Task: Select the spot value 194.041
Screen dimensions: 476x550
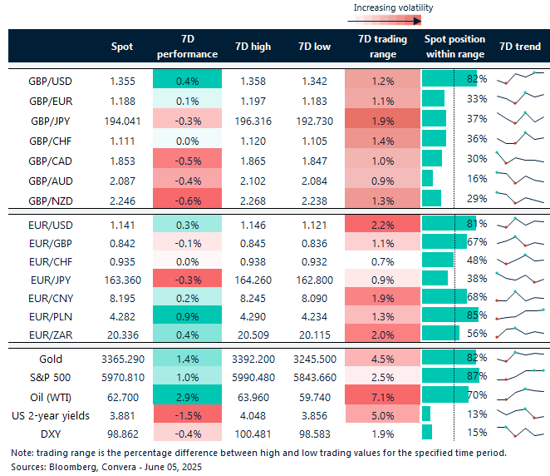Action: point(121,119)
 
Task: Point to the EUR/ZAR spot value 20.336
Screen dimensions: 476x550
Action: point(121,334)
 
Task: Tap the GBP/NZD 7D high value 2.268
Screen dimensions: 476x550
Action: point(253,197)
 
